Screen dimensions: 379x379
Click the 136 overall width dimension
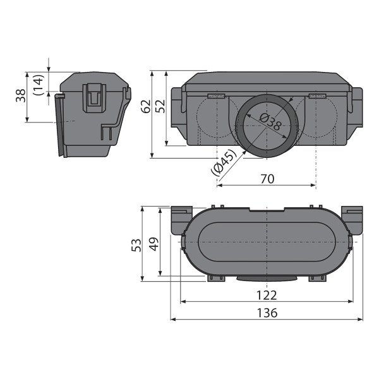click(x=267, y=313)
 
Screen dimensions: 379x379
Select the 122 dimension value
click(x=267, y=295)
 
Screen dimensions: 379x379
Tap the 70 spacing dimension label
click(x=268, y=179)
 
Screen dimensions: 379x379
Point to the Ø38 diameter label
click(x=270, y=121)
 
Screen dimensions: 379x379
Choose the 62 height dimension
click(x=146, y=106)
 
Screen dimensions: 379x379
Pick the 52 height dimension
click(x=160, y=106)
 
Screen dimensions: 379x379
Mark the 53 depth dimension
click(x=136, y=245)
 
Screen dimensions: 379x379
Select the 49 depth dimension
click(x=153, y=244)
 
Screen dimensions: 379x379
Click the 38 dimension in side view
click(x=21, y=96)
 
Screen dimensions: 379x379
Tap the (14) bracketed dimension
click(x=39, y=85)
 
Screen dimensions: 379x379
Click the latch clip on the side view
click(x=94, y=98)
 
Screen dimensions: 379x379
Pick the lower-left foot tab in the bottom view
click(x=216, y=278)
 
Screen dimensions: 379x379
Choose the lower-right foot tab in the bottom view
click(x=318, y=278)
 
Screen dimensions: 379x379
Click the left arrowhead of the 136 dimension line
click(x=172, y=319)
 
